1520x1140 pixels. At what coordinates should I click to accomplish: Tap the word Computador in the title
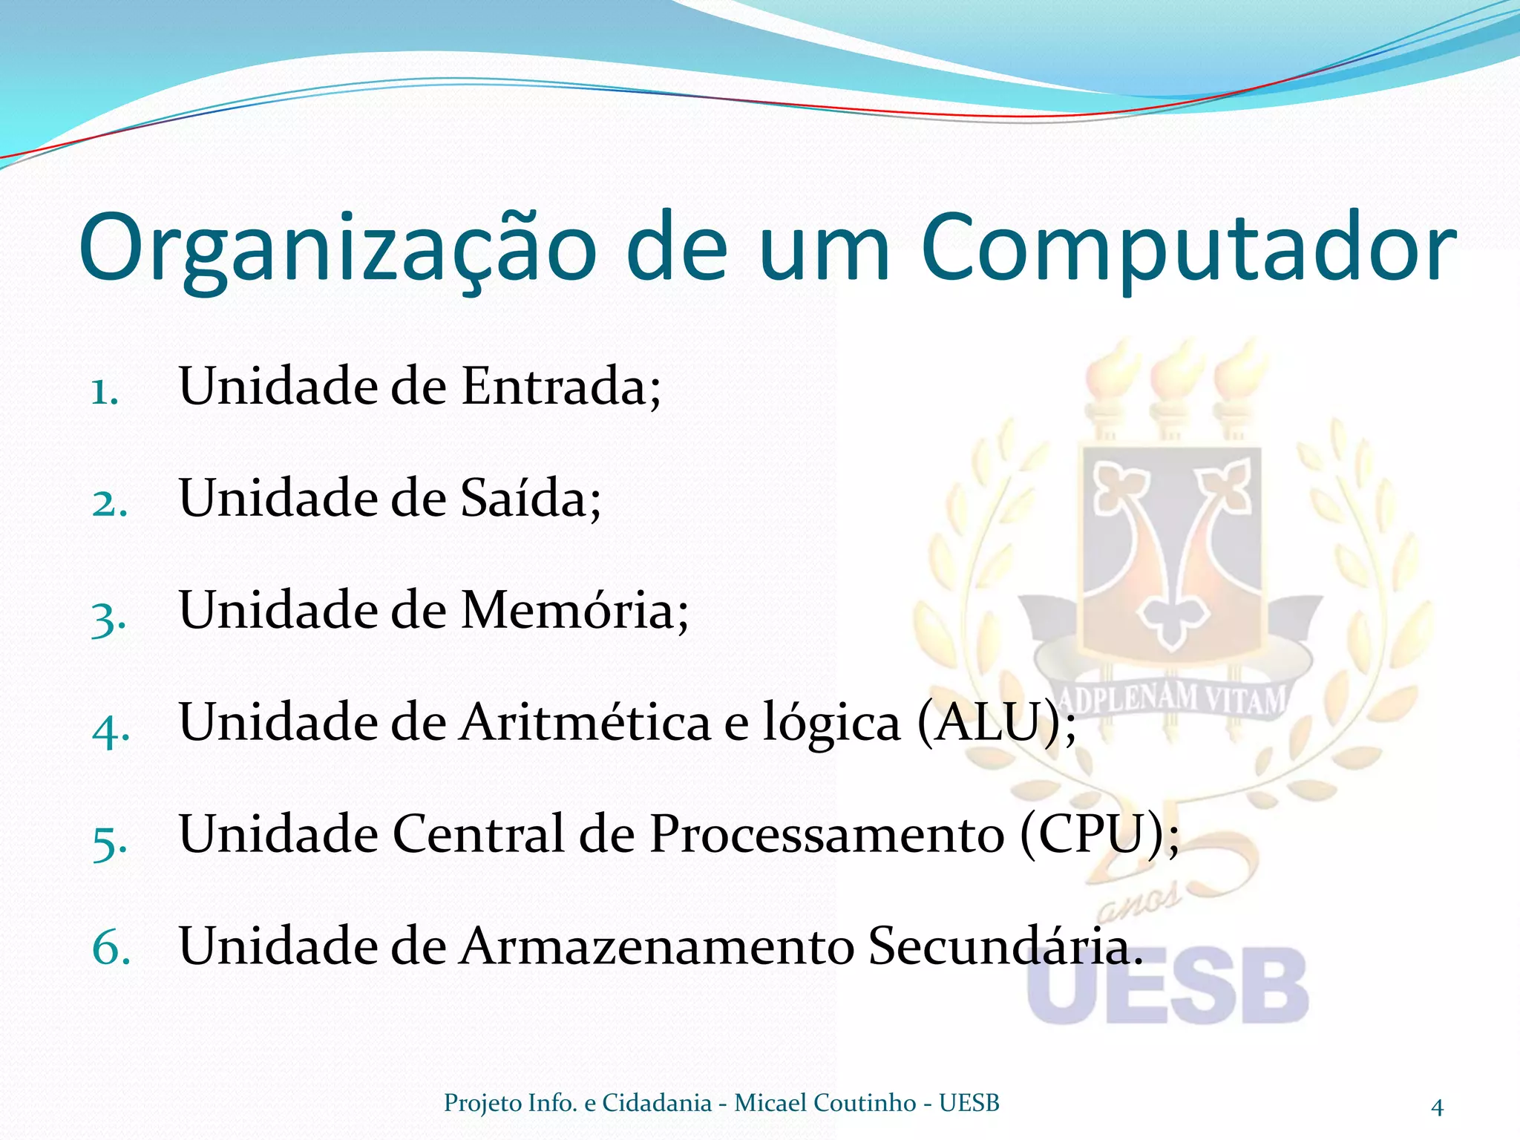click(1187, 249)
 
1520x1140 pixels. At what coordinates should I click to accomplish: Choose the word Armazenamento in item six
click(657, 947)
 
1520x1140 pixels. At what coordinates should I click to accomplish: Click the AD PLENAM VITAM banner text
click(1171, 698)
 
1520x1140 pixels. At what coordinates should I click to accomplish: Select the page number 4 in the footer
click(1437, 1107)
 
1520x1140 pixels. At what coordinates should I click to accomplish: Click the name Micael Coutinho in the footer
click(825, 1103)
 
